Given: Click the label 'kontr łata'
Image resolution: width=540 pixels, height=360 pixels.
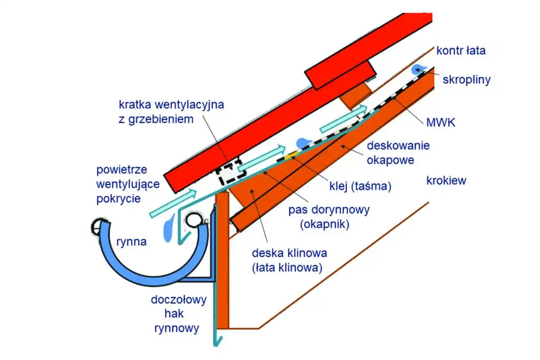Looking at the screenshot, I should point(460,51).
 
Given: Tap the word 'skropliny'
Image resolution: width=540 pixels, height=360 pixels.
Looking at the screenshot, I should point(467,80).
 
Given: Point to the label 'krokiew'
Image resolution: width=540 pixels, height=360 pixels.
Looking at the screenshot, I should point(446,181).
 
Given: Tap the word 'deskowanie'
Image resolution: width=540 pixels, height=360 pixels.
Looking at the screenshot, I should point(398,145).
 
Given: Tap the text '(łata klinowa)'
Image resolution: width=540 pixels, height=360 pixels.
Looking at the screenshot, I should point(287,267).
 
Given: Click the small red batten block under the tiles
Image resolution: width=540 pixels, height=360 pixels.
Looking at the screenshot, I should point(342,74).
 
